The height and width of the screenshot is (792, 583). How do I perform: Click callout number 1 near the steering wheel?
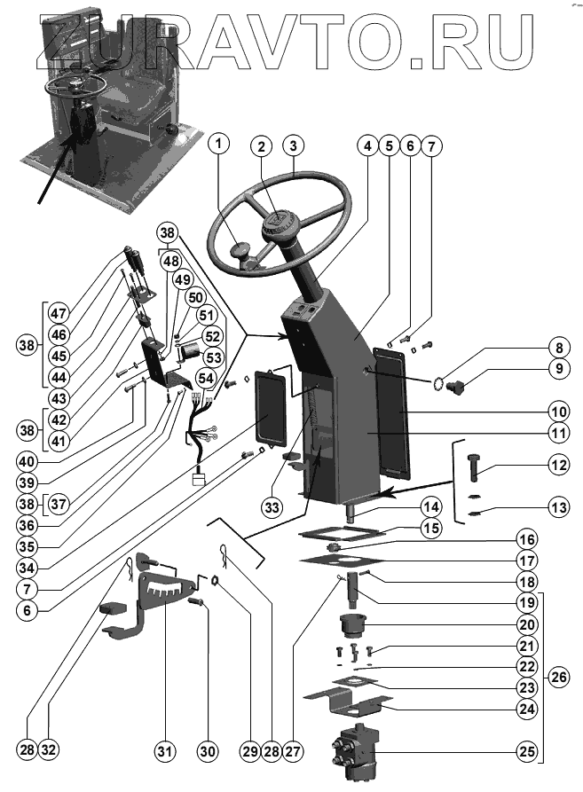(220, 145)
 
